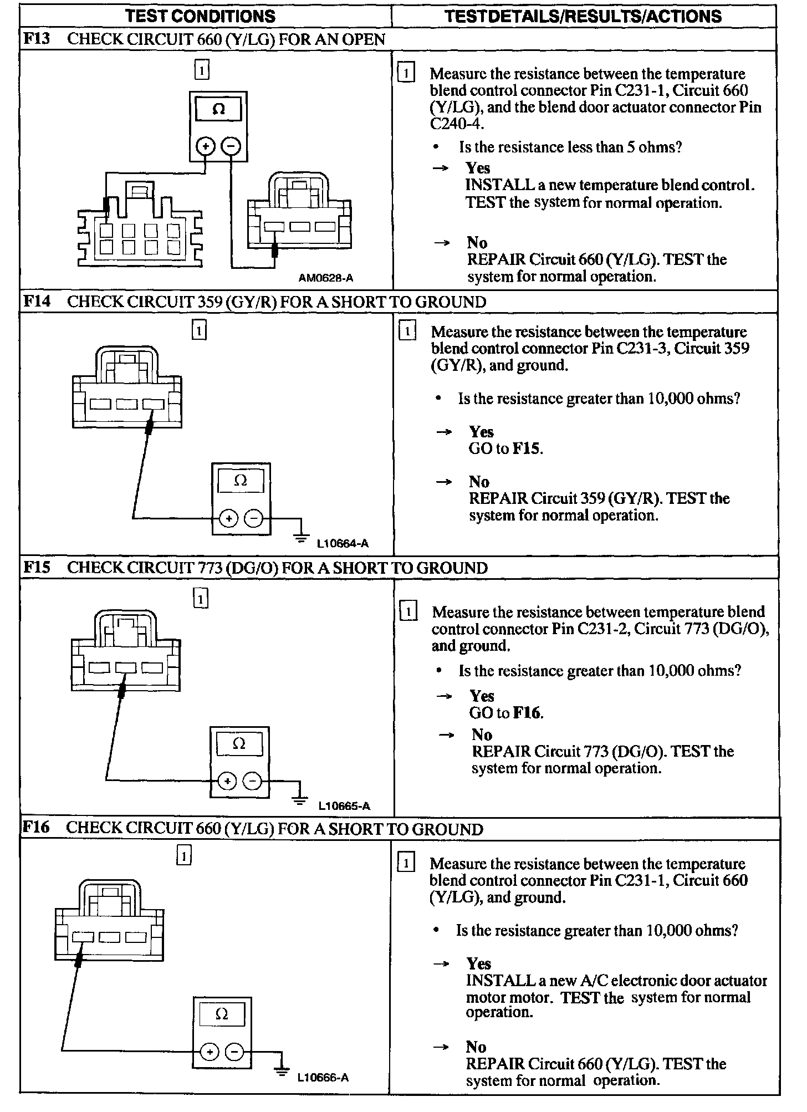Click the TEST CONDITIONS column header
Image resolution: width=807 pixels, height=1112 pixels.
click(x=200, y=16)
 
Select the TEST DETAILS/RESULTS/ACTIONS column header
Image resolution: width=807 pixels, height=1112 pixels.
click(x=583, y=16)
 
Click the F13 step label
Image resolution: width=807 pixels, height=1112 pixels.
click(x=36, y=39)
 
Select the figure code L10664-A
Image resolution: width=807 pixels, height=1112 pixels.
click(x=343, y=544)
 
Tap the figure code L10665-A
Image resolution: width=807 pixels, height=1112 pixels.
click(x=344, y=806)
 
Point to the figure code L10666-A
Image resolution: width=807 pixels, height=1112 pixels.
click(x=323, y=1078)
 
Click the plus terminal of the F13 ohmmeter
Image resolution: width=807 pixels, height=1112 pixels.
click(x=206, y=146)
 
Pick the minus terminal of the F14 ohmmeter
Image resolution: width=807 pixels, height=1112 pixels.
click(x=254, y=519)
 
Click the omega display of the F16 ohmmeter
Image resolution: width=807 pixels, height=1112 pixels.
click(x=222, y=1015)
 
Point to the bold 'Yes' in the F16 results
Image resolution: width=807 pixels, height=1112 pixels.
click(x=478, y=963)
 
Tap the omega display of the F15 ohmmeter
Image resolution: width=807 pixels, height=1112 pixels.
click(x=239, y=743)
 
